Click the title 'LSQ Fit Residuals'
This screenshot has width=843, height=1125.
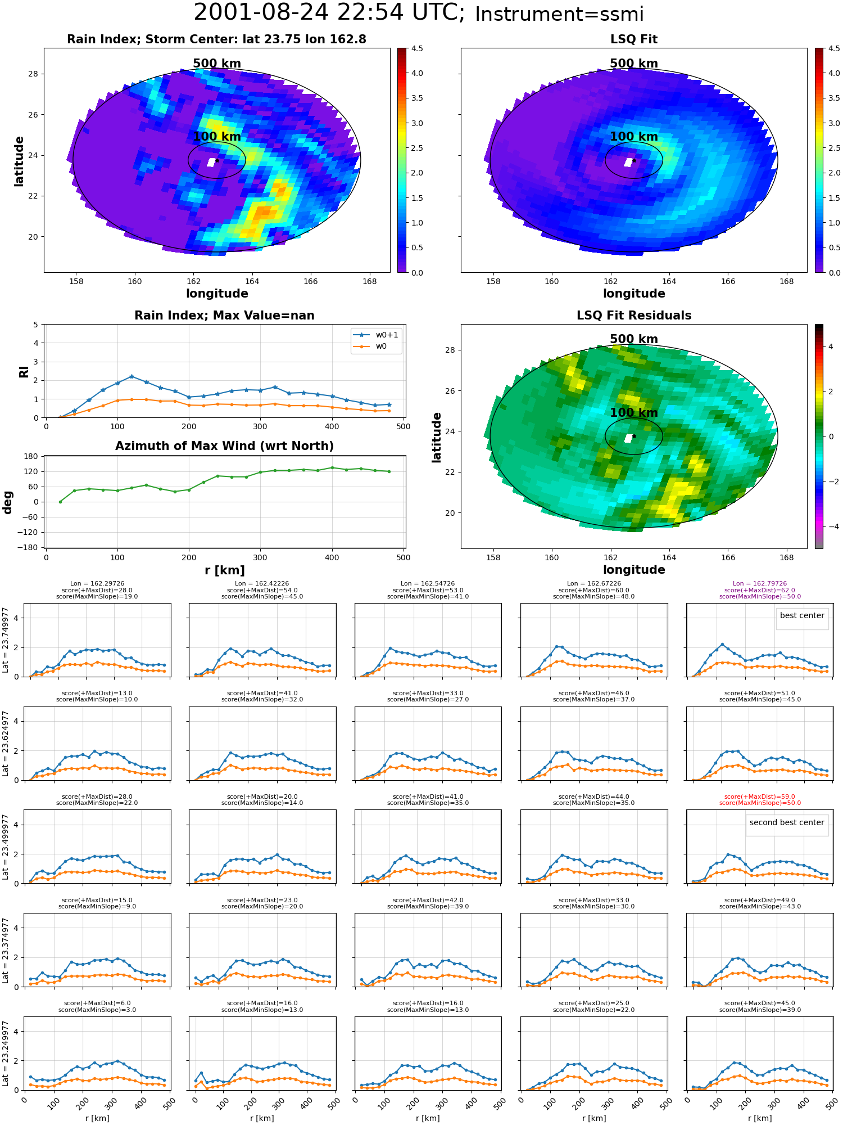click(x=633, y=316)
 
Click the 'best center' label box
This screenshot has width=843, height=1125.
click(x=802, y=615)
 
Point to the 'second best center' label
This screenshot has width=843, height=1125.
click(x=786, y=822)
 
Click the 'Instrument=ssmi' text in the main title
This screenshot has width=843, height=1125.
click(x=559, y=14)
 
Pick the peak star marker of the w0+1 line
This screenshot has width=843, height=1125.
click(x=132, y=376)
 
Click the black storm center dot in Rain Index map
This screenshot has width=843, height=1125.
click(x=217, y=160)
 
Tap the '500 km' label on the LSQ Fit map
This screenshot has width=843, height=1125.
click(x=633, y=64)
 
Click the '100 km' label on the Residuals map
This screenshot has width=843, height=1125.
click(x=633, y=413)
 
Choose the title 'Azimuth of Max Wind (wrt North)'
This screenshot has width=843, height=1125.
click(x=224, y=446)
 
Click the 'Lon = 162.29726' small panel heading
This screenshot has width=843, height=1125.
click(x=97, y=583)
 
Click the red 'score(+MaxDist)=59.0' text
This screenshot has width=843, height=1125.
click(x=760, y=796)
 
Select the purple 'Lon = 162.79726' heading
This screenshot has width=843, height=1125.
click(x=760, y=583)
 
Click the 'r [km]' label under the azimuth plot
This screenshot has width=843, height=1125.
click(x=224, y=570)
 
